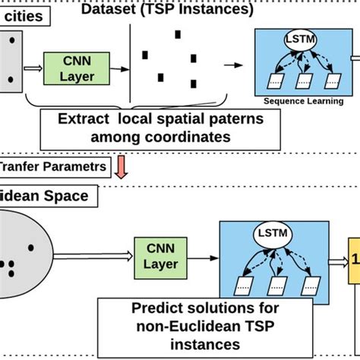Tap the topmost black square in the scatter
click(x=178, y=34)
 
